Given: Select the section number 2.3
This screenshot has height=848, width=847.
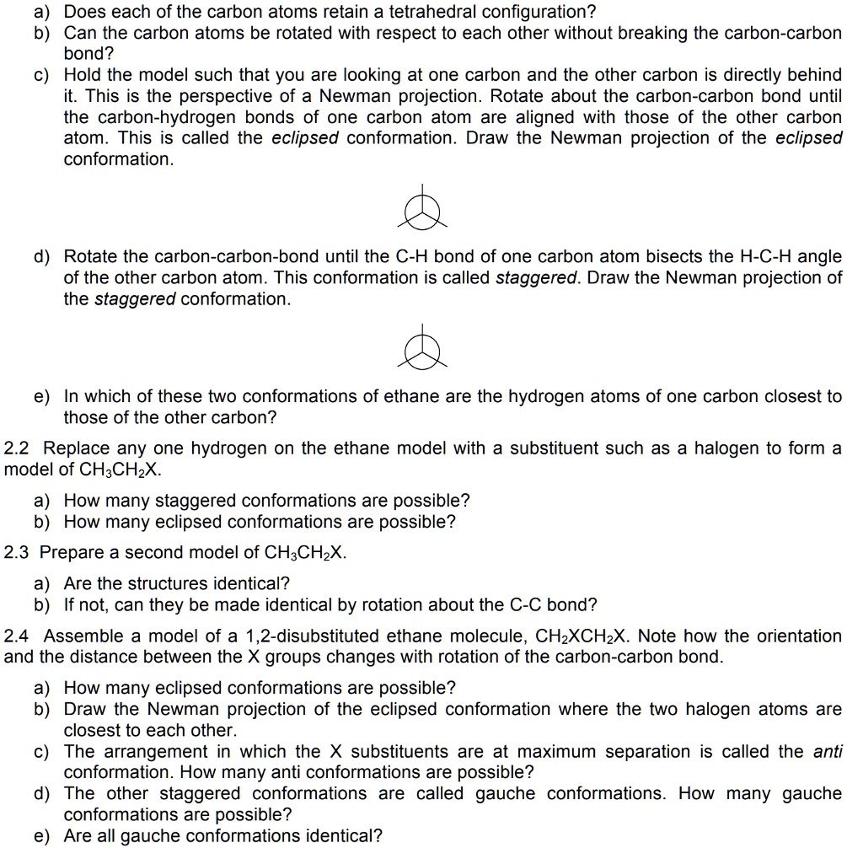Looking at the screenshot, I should [x=19, y=553].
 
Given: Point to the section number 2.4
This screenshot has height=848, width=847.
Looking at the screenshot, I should [x=19, y=636].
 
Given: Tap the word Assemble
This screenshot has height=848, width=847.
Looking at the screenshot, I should [x=83, y=636].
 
